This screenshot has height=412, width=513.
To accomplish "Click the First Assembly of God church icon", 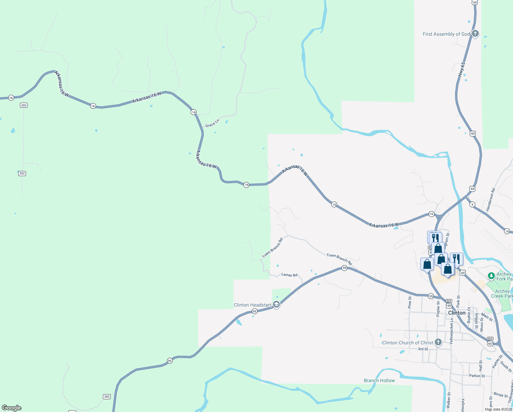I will (475, 34).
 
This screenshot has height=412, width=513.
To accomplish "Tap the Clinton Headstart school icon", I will (276, 305).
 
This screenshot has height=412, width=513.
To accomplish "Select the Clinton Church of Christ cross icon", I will (438, 342).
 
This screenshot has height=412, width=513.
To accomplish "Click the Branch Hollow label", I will (379, 380).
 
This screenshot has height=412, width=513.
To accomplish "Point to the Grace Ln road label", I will (212, 123).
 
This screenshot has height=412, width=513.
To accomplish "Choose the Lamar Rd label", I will (289, 275).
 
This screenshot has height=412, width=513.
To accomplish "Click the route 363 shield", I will (107, 397).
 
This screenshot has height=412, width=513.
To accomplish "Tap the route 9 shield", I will (472, 205).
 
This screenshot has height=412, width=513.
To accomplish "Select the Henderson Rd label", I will (491, 199).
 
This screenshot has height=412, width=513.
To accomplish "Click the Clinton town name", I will (457, 313).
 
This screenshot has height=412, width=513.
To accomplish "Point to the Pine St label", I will (410, 302).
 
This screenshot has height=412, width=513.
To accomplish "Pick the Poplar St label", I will (438, 308).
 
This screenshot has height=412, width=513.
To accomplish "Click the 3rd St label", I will (423, 349).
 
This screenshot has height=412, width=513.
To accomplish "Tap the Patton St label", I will (477, 376).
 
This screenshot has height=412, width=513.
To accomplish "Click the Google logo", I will (12, 408).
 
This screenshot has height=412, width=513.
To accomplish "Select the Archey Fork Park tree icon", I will (491, 276).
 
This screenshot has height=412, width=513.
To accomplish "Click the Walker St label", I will (449, 400).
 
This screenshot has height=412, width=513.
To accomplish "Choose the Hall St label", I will (480, 365).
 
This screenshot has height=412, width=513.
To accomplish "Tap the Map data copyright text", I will (498, 409).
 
